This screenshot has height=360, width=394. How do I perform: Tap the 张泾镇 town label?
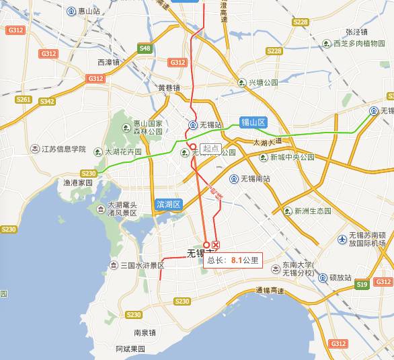click(x=356, y=32)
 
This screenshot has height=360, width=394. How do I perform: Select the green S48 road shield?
click(x=145, y=48)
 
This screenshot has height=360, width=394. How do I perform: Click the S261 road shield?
click(x=24, y=100)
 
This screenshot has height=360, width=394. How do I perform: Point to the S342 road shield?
click(x=47, y=102)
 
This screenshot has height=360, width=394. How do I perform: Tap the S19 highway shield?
click(x=362, y=285)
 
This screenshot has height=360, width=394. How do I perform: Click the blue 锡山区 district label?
click(x=253, y=122)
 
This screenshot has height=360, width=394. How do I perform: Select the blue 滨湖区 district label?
click(x=168, y=204)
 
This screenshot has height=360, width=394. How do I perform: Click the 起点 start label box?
click(x=211, y=148)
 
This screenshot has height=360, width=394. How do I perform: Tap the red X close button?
click(x=216, y=244)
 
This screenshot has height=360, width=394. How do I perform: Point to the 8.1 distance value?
click(x=236, y=259)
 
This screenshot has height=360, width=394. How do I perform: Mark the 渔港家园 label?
click(x=78, y=182)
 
